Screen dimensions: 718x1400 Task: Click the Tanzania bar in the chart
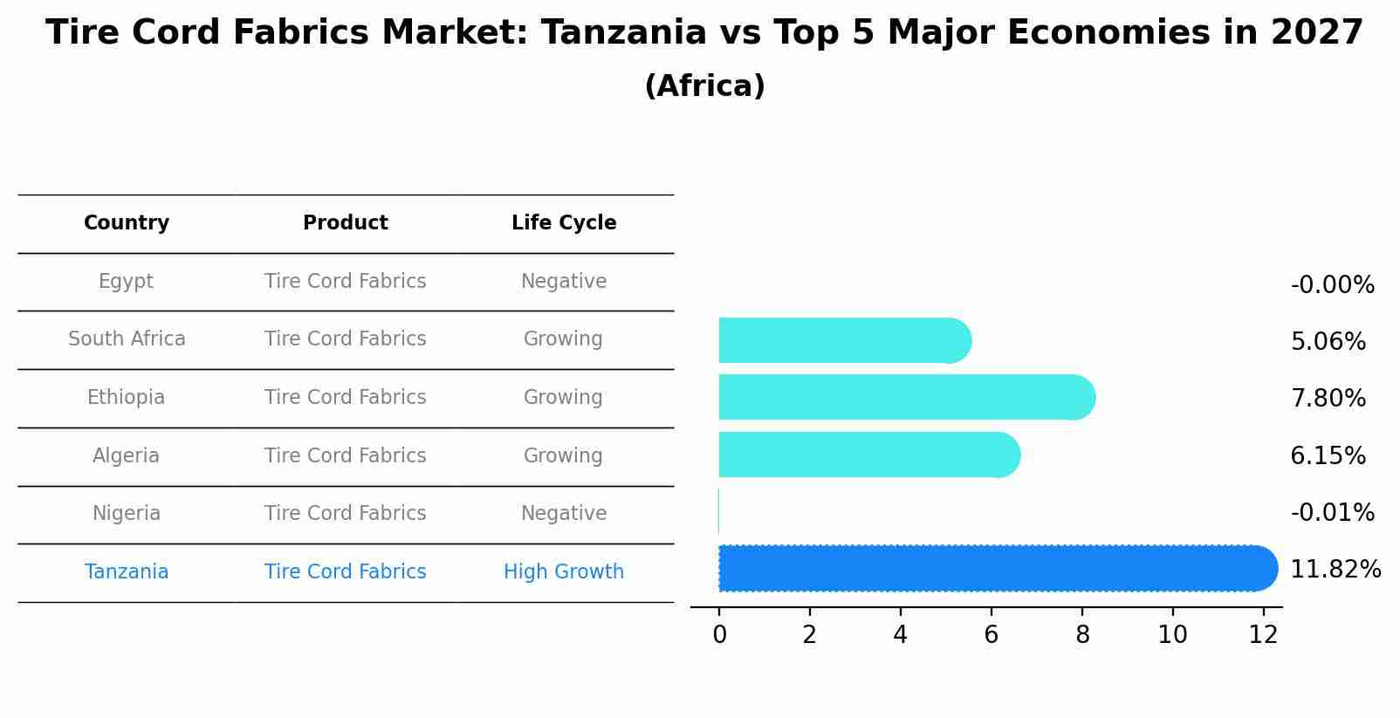point(995,569)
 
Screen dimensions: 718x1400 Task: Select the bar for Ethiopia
point(904,397)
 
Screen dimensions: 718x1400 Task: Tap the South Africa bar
point(842,340)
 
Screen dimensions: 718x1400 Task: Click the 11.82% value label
point(1335,570)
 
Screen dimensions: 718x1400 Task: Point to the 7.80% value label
point(1328,399)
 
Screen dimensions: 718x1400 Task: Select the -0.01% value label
point(1332,513)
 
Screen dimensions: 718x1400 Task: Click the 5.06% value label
point(1328,342)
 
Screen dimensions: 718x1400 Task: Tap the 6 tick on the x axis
point(991,635)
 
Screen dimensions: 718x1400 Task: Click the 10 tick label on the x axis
point(1172,635)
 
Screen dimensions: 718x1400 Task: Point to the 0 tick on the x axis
point(719,635)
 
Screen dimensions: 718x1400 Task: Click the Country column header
point(127,223)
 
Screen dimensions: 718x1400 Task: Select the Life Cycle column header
point(564,223)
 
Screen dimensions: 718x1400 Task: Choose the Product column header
point(346,223)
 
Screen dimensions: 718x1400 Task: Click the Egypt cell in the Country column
point(126,282)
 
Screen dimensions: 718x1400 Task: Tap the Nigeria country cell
point(127,514)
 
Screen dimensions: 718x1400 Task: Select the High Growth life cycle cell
point(564,572)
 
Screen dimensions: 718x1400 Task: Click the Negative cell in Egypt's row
point(564,282)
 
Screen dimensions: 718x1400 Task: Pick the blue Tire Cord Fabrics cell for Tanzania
point(346,572)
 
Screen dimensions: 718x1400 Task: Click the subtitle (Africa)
point(704,86)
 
